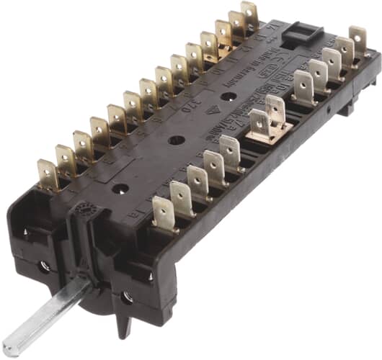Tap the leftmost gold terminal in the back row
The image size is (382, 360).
point(48,176)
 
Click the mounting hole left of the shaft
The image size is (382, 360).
point(44,266)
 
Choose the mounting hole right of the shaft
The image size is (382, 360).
point(128,296)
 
